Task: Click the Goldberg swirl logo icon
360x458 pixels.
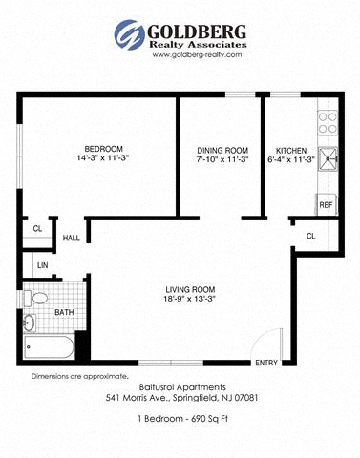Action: click(x=129, y=34)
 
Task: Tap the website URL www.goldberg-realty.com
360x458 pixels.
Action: click(x=196, y=55)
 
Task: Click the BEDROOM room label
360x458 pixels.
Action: click(x=103, y=149)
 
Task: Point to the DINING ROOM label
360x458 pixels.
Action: click(x=222, y=150)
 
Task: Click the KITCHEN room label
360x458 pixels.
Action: click(x=290, y=150)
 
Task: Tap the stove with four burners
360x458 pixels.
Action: click(x=328, y=121)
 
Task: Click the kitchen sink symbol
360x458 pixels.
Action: click(x=328, y=158)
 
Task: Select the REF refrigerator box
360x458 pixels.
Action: click(x=326, y=204)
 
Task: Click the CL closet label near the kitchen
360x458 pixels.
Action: click(x=311, y=236)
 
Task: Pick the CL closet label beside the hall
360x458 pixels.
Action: click(x=37, y=229)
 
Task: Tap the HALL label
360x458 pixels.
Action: click(x=72, y=239)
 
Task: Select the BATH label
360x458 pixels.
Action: click(x=64, y=312)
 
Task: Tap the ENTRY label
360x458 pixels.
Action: click(x=265, y=363)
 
